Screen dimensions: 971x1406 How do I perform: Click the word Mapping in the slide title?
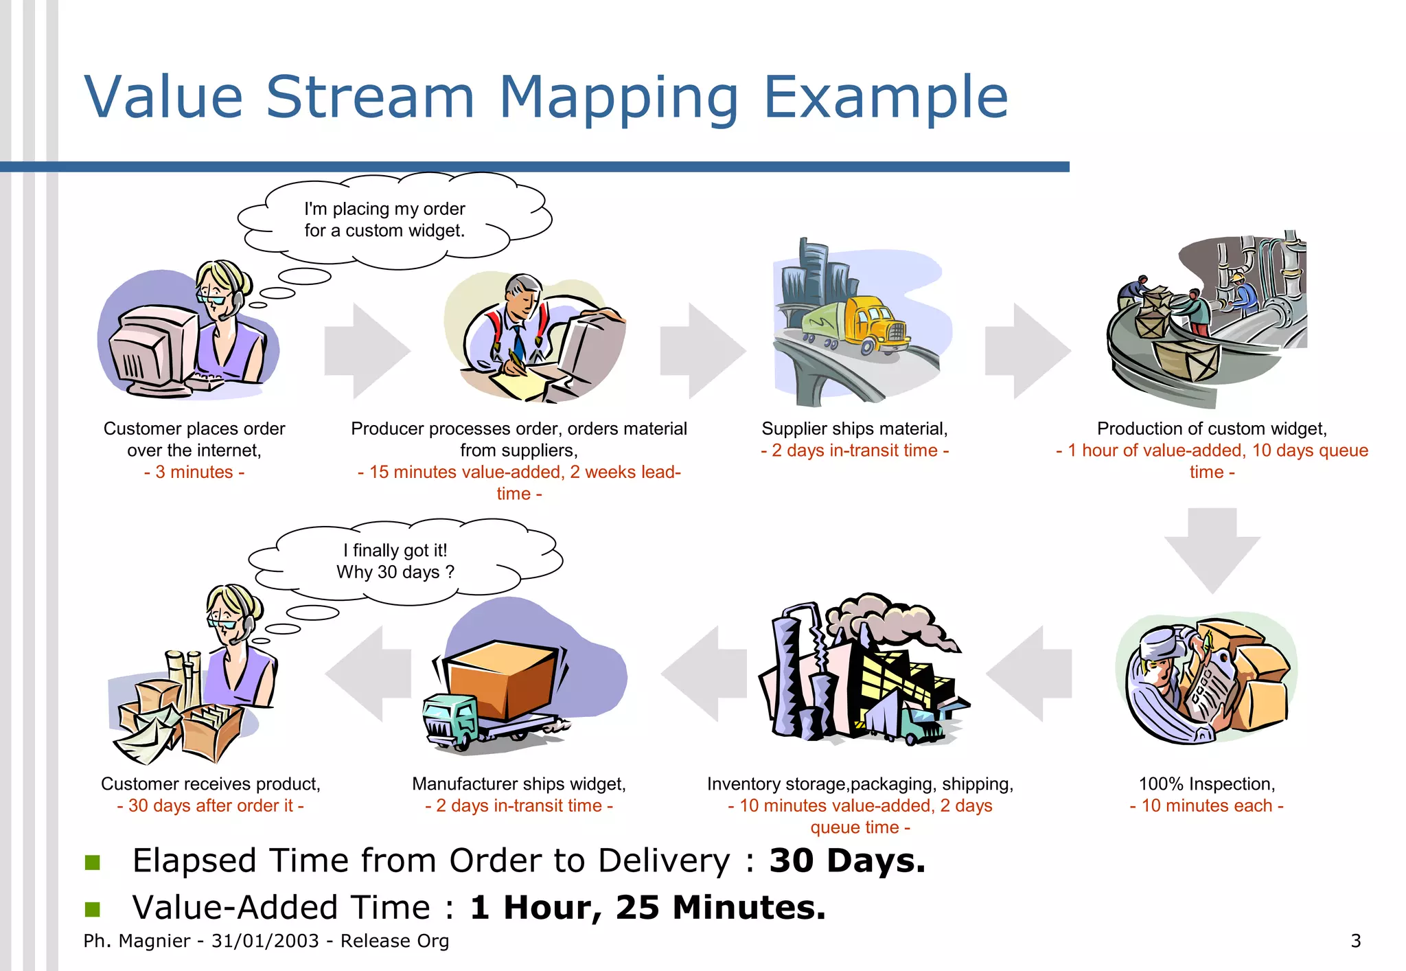click(x=618, y=98)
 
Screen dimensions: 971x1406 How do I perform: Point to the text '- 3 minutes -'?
click(x=194, y=472)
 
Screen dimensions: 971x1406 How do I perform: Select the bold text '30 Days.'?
click(x=847, y=861)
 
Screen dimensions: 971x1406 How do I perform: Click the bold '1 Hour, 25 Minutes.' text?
click(x=648, y=908)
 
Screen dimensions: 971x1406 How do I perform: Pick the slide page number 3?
click(x=1355, y=941)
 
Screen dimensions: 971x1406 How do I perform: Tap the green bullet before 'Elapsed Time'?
click(x=93, y=862)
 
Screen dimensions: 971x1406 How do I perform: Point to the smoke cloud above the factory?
click(x=892, y=618)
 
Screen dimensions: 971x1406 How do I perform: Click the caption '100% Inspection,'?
click(x=1206, y=784)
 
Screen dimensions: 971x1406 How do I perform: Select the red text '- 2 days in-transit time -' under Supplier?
click(x=855, y=450)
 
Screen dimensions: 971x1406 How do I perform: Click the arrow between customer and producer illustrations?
click(x=366, y=350)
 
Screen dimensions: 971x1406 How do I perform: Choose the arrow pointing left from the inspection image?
click(x=1030, y=674)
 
